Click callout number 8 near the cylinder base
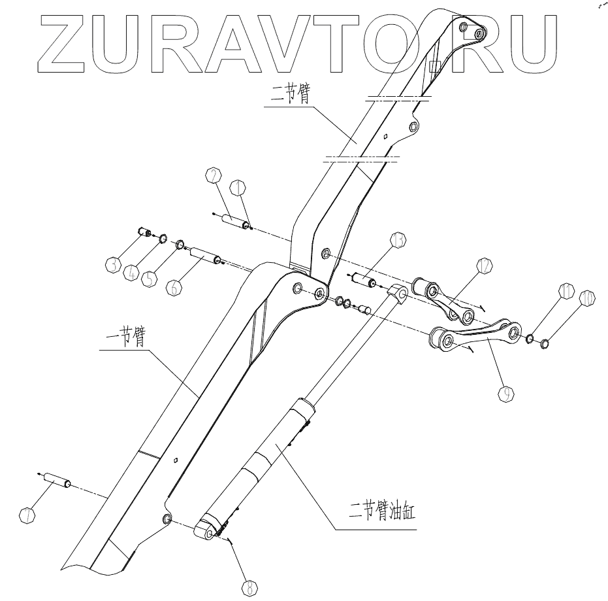(248, 587)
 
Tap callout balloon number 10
(587, 296)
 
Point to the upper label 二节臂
(289, 94)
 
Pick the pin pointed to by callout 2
(236, 221)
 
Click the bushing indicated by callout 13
(362, 281)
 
